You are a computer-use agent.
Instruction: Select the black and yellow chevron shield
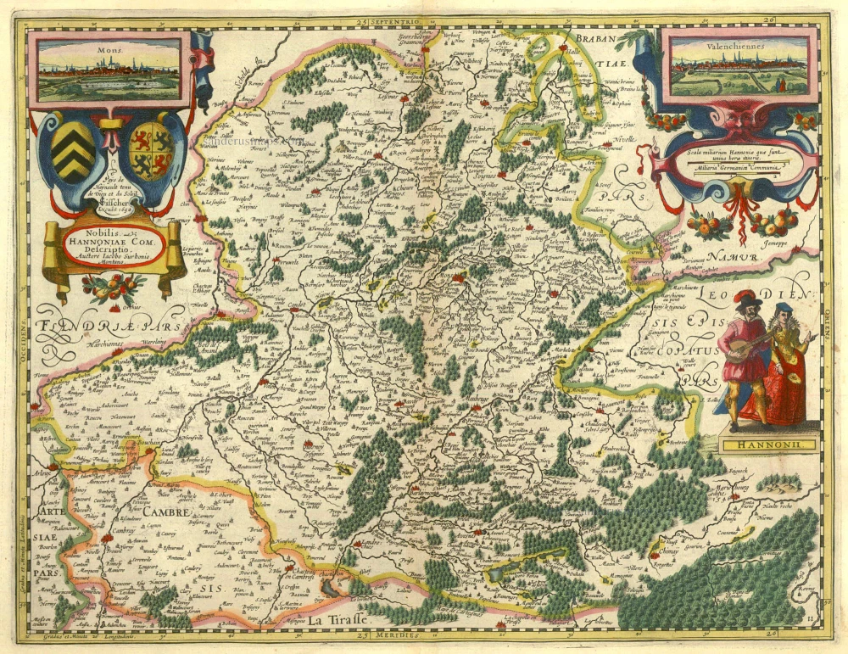(74, 151)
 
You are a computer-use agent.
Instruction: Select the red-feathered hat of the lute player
(745, 296)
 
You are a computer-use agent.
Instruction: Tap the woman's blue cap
(785, 308)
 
